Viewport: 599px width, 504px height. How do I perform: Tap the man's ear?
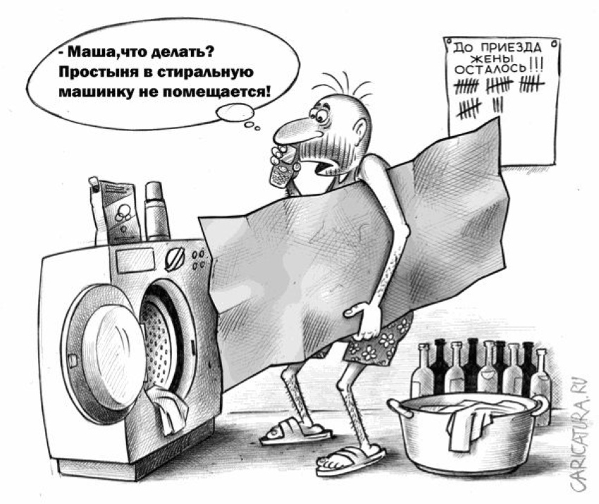[360, 130]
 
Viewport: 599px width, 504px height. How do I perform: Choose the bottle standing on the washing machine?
[156, 211]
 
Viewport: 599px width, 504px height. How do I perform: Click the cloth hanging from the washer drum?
[168, 409]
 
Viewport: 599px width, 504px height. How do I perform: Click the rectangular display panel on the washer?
[135, 260]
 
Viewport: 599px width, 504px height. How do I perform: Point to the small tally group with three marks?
[498, 104]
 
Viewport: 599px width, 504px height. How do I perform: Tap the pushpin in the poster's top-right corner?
[555, 44]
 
